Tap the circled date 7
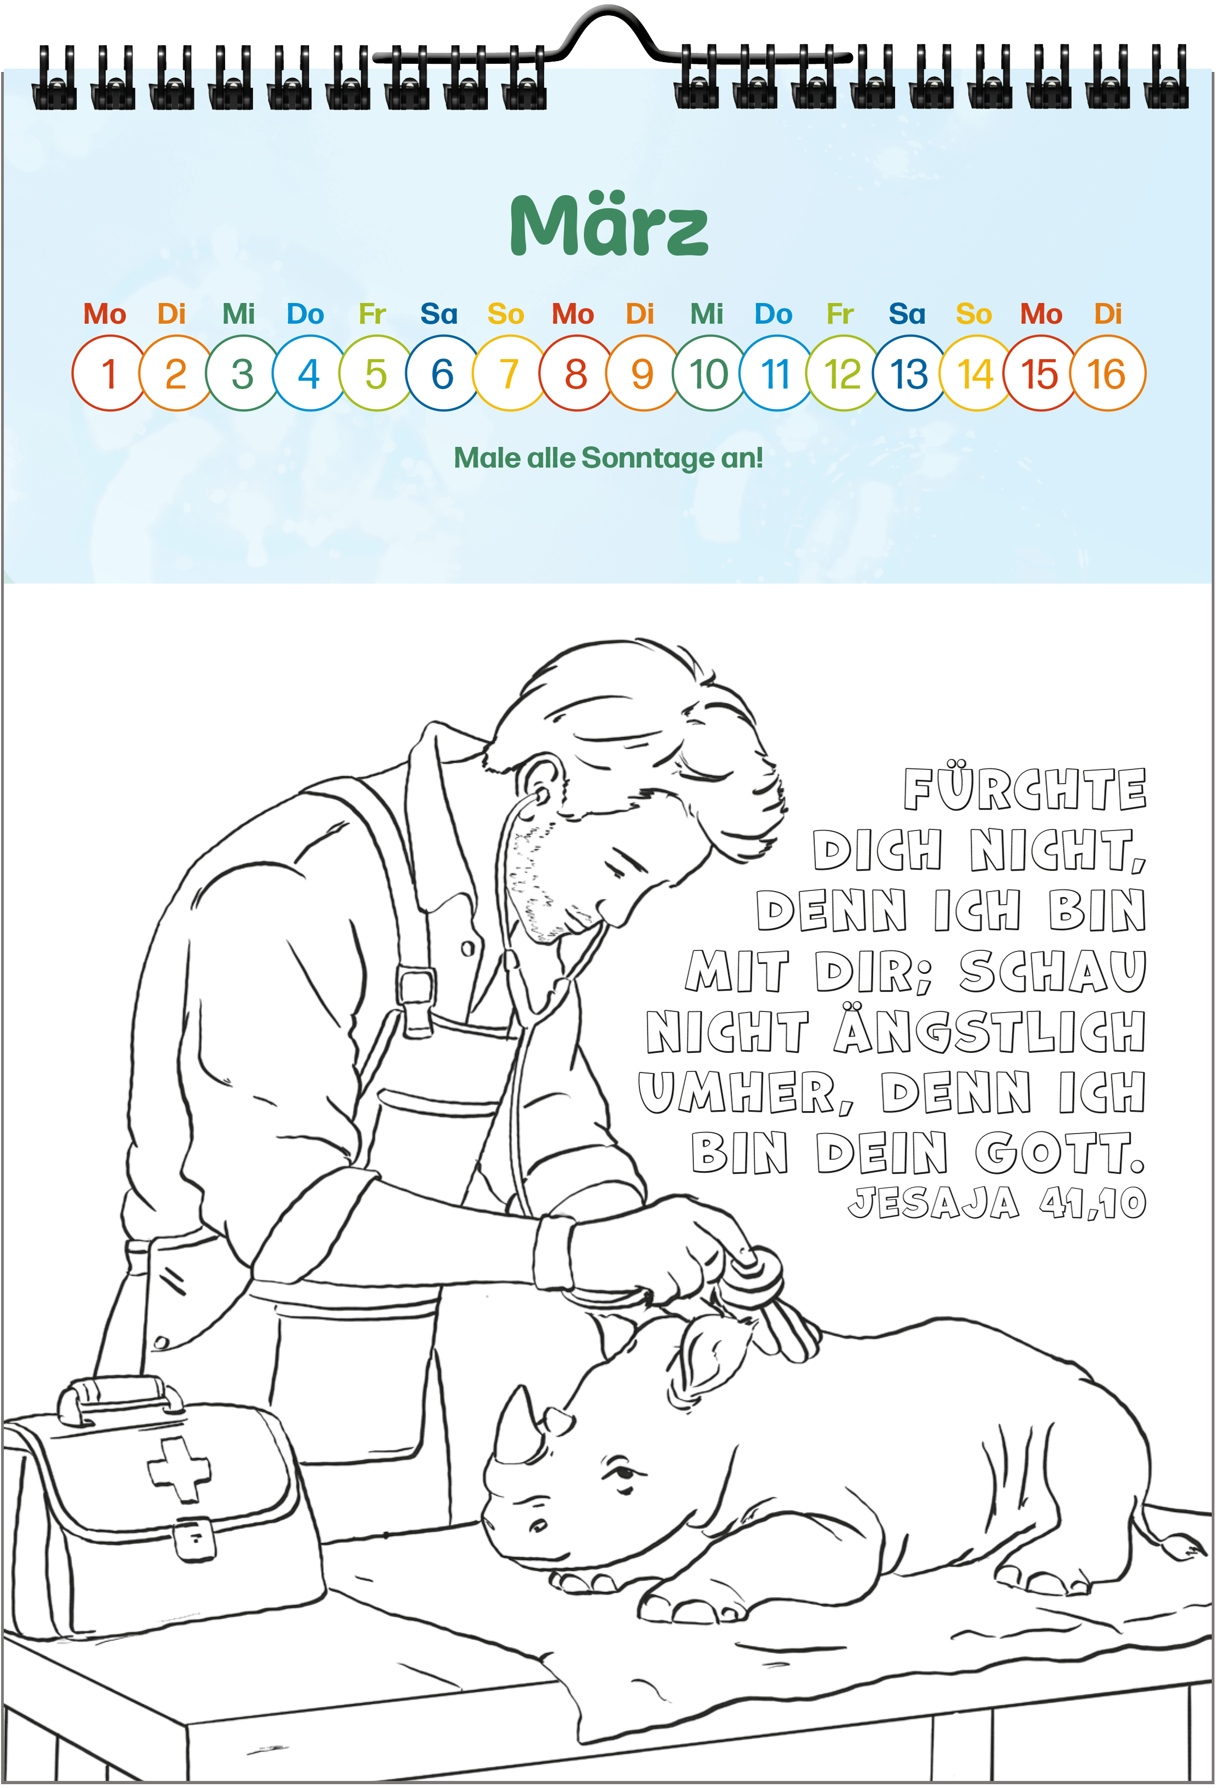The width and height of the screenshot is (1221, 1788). coord(509,374)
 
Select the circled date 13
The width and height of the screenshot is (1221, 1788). coord(909,374)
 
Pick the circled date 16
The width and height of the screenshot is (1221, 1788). coord(1108,374)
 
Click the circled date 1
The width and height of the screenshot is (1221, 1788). coord(109,374)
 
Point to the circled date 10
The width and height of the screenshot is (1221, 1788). coord(709,374)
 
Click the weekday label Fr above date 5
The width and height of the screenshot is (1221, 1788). coord(372,314)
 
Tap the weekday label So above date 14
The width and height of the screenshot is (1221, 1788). coord(974,314)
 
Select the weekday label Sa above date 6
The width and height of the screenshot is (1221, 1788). coord(439,314)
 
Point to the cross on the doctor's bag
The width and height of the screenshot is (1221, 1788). coord(179,1470)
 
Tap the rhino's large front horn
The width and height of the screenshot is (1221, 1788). coord(513,1425)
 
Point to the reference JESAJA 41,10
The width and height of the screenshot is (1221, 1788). coord(997,1203)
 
